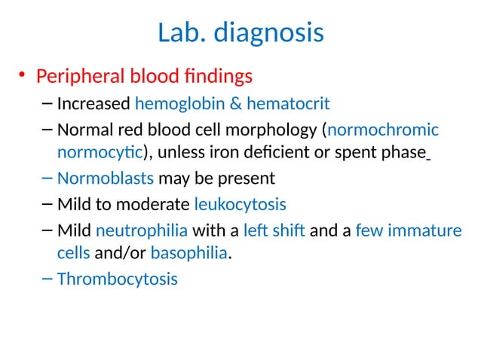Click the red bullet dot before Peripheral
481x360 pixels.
[23, 75]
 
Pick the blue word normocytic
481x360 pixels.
[100, 152]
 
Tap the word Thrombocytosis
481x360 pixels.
[118, 279]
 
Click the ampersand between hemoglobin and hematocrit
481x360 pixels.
[252, 103]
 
